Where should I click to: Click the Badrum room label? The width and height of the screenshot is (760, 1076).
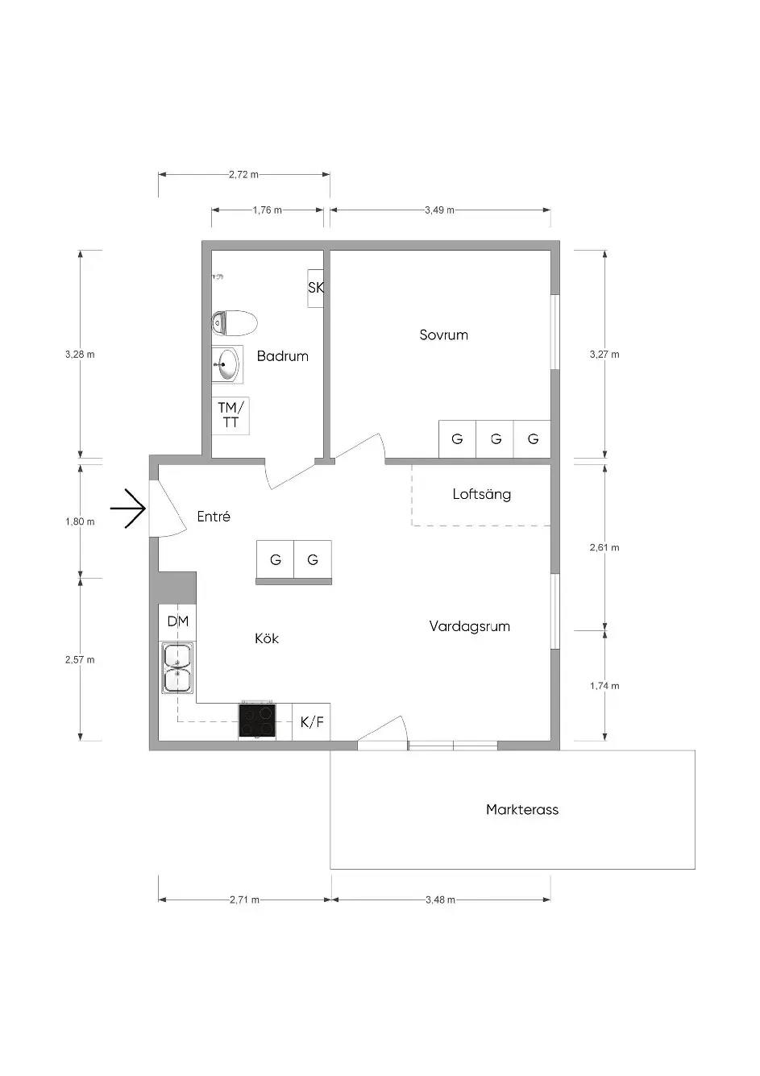pos(282,356)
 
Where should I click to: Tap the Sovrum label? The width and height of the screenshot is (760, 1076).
pos(443,334)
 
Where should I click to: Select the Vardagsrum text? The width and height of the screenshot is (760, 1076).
pos(469,626)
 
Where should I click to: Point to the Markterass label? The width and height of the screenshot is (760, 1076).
pos(522,809)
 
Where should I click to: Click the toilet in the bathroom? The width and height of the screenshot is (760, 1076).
pos(235,322)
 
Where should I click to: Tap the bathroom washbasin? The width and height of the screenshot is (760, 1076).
pos(227,364)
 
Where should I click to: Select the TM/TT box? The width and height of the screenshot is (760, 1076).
pos(230,416)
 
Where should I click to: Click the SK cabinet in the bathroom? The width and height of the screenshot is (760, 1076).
pos(316,289)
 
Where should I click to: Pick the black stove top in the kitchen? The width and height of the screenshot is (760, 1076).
pos(257,721)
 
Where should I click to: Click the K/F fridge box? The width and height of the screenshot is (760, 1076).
pos(311,722)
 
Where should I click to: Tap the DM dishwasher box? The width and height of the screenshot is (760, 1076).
pos(177,622)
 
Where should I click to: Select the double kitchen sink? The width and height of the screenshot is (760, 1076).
pos(178,668)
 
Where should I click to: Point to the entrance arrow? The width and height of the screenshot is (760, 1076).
pos(128,509)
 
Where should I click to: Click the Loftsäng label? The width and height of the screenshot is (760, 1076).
pos(481,494)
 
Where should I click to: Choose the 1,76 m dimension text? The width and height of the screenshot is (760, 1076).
pos(267,210)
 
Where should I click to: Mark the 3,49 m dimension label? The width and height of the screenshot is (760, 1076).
pos(439,210)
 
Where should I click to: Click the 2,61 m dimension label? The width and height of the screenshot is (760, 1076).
pos(604,547)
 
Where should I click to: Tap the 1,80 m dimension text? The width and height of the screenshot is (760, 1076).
pos(81,521)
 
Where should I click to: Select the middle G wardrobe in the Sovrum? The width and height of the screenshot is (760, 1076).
pos(495,439)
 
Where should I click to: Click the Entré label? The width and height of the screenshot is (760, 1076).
pos(214,517)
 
